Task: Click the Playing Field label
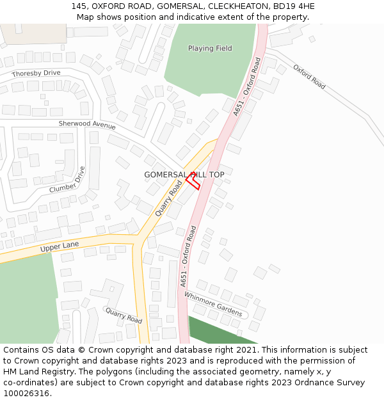click(x=210, y=49)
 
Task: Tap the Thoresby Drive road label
click(x=36, y=74)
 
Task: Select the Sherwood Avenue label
click(x=87, y=124)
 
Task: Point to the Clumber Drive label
click(x=67, y=180)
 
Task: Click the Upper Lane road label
click(x=59, y=246)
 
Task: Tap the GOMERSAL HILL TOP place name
click(x=184, y=175)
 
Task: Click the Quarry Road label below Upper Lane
click(x=124, y=315)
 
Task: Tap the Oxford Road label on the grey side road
click(x=310, y=77)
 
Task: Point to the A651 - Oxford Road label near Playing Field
click(x=248, y=86)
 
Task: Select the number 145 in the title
click(x=80, y=6)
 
